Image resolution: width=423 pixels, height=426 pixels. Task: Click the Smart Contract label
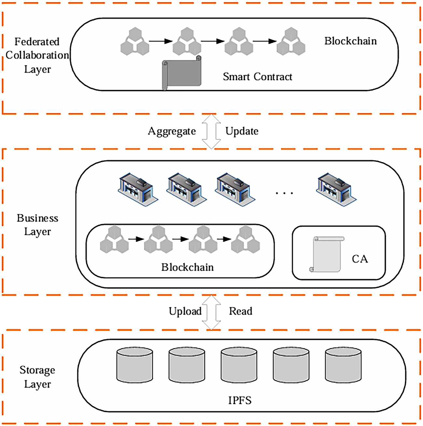257,77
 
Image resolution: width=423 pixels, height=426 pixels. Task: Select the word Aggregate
172,131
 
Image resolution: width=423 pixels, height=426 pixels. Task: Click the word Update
242,131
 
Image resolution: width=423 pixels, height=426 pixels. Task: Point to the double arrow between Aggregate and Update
211,131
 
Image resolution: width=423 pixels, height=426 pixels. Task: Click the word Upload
185,311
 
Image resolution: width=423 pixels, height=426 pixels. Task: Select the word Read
240,311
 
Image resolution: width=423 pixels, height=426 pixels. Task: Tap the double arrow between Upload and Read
211,312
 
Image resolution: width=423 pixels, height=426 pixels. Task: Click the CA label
360,259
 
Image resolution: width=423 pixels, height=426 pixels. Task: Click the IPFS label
240,400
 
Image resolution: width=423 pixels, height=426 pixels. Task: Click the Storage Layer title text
37,377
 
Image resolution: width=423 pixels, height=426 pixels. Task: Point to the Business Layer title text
37,225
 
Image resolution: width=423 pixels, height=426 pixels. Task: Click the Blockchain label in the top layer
350,41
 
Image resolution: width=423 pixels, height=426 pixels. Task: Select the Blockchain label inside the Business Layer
187,267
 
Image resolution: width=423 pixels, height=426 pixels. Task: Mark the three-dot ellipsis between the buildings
284,193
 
